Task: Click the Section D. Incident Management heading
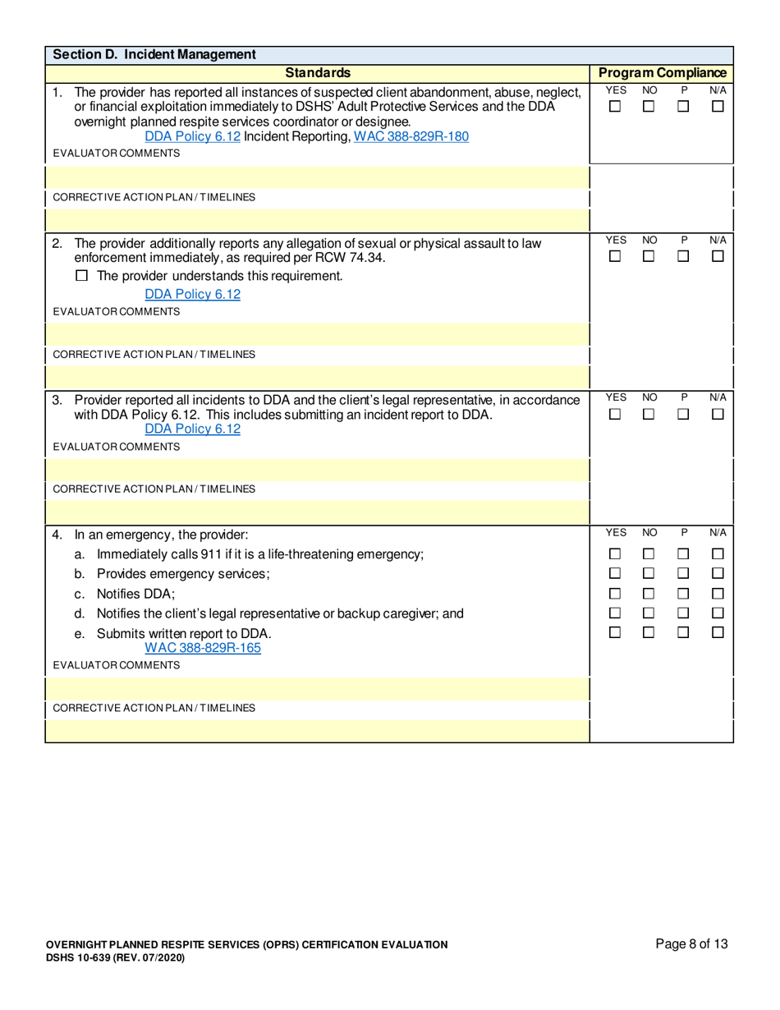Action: pyautogui.click(x=154, y=55)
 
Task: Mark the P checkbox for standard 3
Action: pyautogui.click(x=684, y=414)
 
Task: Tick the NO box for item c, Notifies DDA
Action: pyautogui.click(x=649, y=594)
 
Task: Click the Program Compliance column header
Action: pyautogui.click(x=661, y=73)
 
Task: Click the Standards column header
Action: pyautogui.click(x=317, y=73)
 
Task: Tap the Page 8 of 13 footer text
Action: pyautogui.click(x=691, y=944)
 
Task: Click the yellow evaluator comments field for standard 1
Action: pyautogui.click(x=317, y=177)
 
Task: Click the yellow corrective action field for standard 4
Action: pyautogui.click(x=317, y=731)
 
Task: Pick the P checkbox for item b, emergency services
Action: pyautogui.click(x=684, y=574)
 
